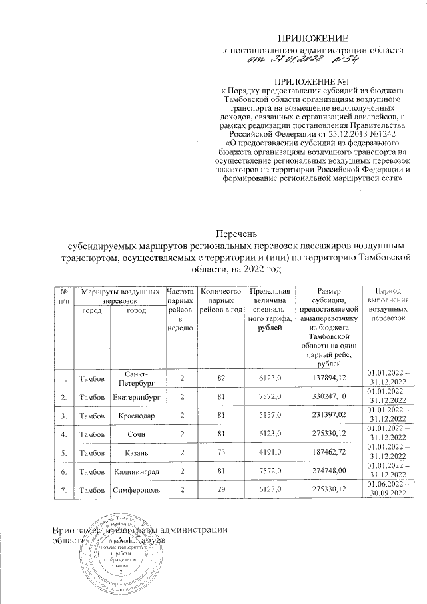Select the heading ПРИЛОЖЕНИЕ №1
(x=313, y=81)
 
